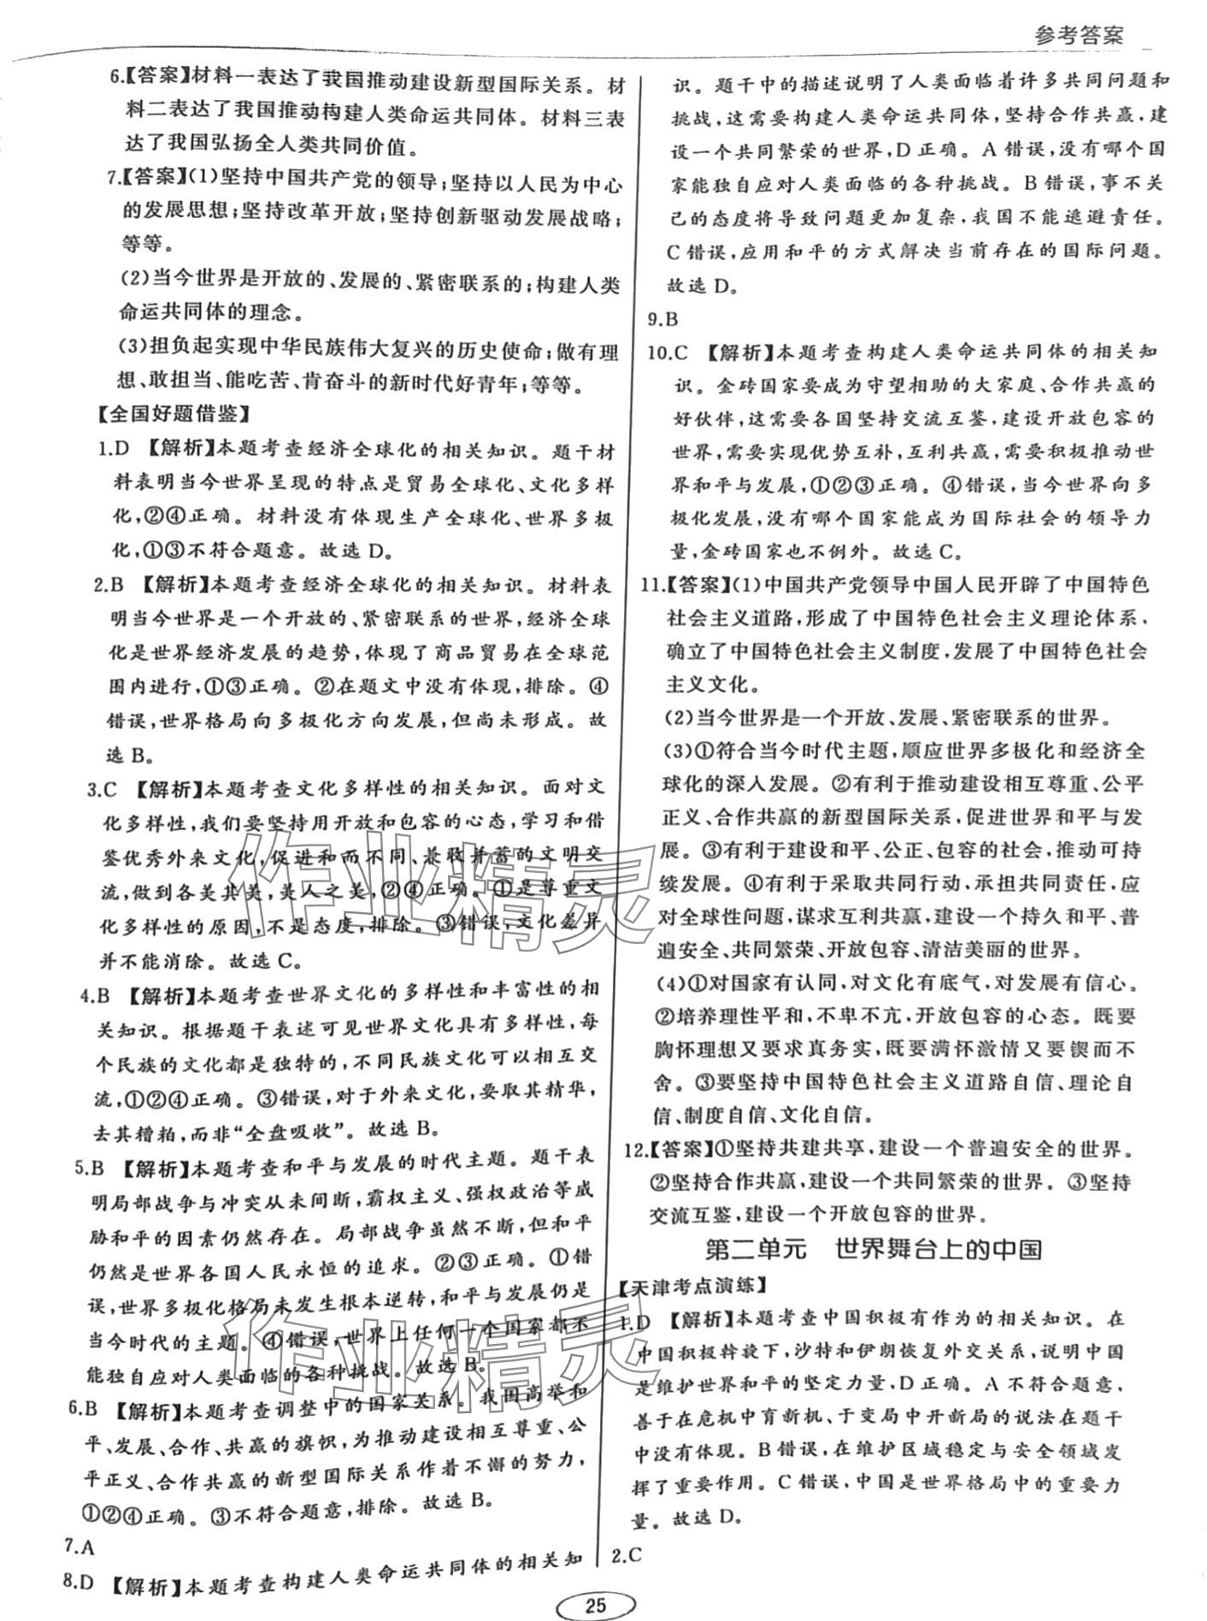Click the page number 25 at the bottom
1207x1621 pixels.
595,1605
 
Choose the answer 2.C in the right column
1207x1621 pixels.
627,1554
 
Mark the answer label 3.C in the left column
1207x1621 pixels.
103,789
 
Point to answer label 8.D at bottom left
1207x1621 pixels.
79,1582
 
